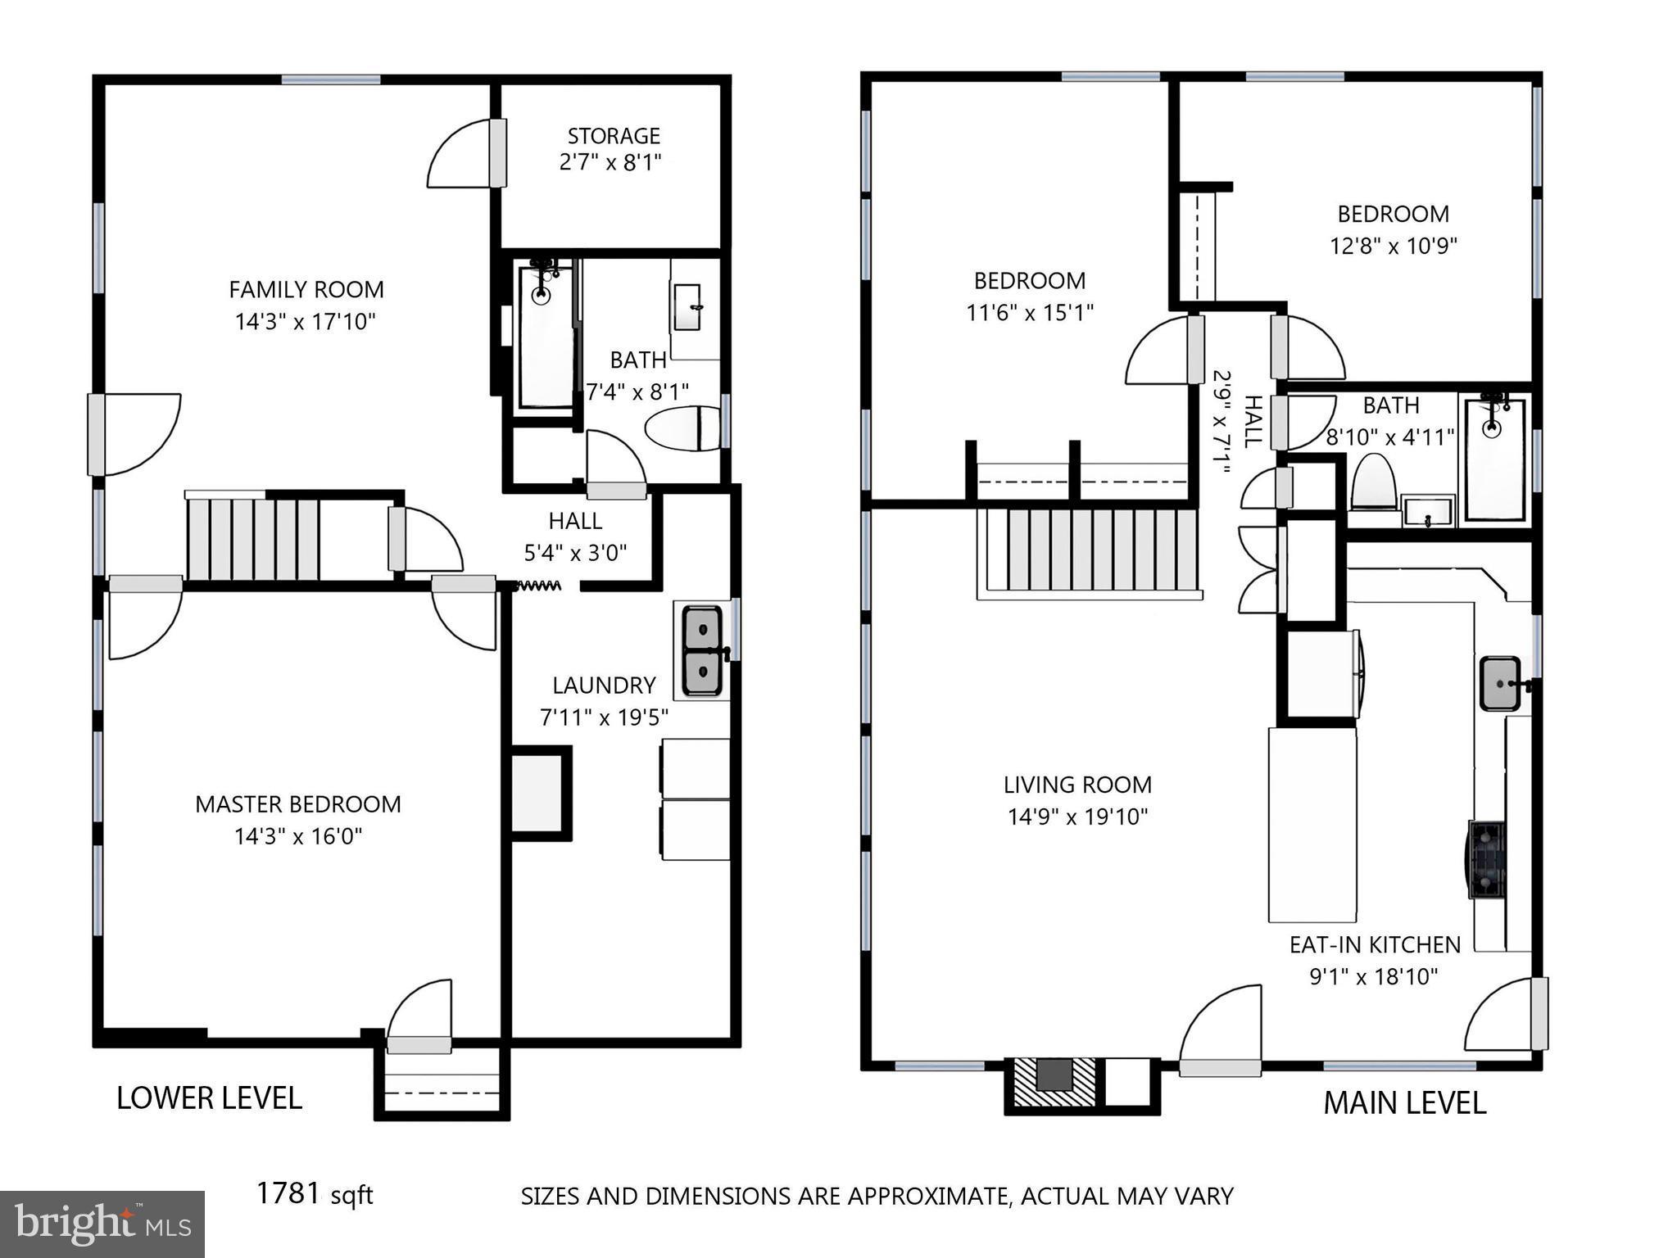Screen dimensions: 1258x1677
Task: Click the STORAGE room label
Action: (x=613, y=135)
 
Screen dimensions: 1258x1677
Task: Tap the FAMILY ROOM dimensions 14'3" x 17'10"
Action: (x=305, y=322)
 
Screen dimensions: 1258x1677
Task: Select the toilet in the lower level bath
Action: (x=682, y=428)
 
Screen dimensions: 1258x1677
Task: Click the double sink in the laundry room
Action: (x=703, y=649)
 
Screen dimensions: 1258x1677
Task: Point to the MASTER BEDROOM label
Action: (x=297, y=804)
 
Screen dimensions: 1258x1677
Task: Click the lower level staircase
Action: (x=253, y=540)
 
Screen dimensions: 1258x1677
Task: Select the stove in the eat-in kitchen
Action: (x=1486, y=859)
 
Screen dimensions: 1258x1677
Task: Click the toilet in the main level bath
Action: (x=1373, y=482)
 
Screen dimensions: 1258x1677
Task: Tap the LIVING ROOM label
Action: (x=1077, y=785)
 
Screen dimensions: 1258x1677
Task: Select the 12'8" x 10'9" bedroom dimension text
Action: (x=1393, y=246)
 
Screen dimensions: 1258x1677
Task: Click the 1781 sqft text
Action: (x=315, y=1194)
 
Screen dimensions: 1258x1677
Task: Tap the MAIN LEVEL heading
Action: (x=1404, y=1103)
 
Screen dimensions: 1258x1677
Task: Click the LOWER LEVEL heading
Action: (x=209, y=1098)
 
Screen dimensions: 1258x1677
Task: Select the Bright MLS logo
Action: (x=102, y=1224)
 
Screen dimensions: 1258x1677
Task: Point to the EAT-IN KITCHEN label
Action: (x=1375, y=945)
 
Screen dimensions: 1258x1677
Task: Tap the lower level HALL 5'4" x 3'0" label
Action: (x=575, y=536)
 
